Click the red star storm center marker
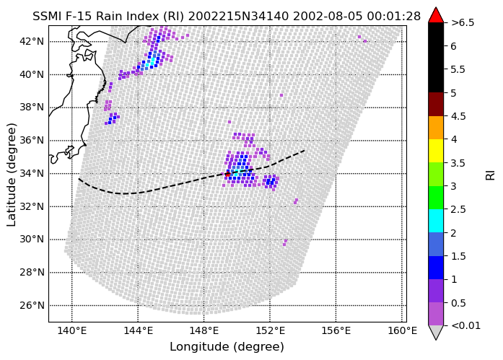coord(227,174)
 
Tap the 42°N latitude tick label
coord(32,41)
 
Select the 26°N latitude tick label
coord(32,305)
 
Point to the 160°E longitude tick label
coord(402,330)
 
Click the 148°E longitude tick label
coord(204,330)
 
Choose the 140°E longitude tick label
coord(72,330)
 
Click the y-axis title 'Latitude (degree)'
coord(12,175)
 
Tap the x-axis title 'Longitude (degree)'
coord(227,346)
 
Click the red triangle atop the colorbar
coord(436,15)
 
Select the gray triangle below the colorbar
coord(436,332)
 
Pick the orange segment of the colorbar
coord(436,128)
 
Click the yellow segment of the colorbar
coord(436,151)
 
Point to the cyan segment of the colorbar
coord(436,221)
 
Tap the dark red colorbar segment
coord(436,104)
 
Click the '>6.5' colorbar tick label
coord(463,23)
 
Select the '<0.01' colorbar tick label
coord(465,325)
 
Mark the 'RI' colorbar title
coord(490,175)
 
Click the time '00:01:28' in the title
coord(393,16)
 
